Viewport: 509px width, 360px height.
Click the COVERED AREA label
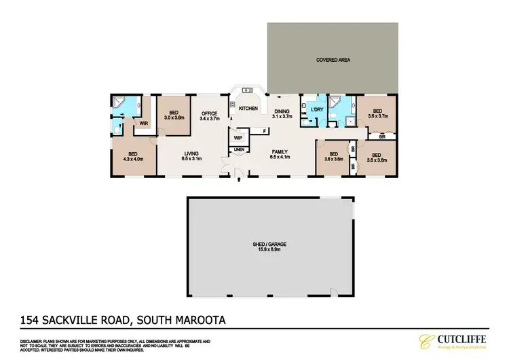[333, 60]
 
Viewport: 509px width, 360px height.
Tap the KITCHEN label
[248, 109]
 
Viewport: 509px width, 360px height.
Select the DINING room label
[282, 113]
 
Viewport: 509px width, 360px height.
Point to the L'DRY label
[316, 110]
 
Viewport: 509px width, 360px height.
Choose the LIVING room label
[193, 155]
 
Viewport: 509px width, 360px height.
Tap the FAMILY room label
[280, 154]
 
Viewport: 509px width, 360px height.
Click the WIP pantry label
[238, 138]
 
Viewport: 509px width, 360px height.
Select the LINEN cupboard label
[239, 150]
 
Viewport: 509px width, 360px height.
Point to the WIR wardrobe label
[144, 124]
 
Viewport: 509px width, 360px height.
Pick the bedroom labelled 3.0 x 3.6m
[174, 115]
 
